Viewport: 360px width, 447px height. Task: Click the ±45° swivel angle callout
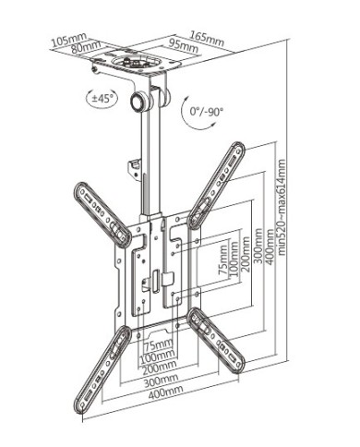click(103, 97)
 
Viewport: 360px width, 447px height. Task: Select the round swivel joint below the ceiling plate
click(142, 100)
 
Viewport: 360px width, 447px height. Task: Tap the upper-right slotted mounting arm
click(218, 185)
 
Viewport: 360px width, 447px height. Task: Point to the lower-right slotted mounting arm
click(215, 341)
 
